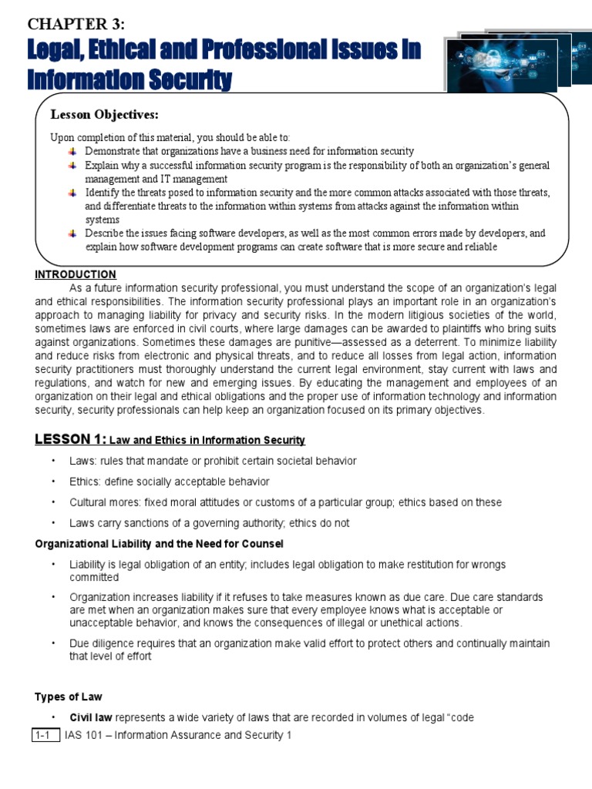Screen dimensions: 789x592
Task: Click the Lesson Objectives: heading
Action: (x=104, y=115)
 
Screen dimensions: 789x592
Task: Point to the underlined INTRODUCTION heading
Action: (x=76, y=274)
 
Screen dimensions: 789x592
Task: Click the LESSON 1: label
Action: (x=70, y=439)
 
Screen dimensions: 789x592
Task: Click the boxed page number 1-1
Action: (x=45, y=735)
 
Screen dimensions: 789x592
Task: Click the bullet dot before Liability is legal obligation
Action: (x=54, y=565)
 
